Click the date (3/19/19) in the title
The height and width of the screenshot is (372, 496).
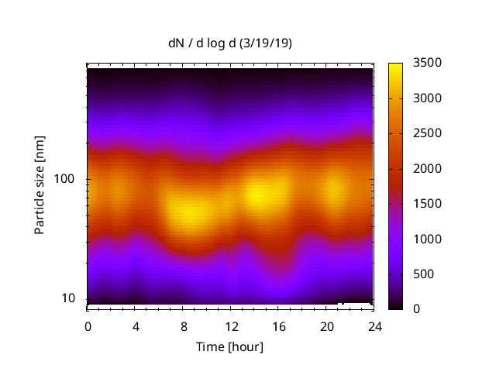pyautogui.click(x=266, y=43)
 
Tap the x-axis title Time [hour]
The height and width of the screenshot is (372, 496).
pyautogui.click(x=229, y=346)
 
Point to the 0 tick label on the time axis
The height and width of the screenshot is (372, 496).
pyautogui.click(x=88, y=325)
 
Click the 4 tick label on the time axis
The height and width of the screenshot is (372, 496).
pyautogui.click(x=135, y=325)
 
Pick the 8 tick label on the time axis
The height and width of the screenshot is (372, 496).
pyautogui.click(x=183, y=325)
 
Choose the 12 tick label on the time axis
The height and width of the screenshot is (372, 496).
pyautogui.click(x=230, y=325)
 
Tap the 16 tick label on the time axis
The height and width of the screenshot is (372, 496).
pyautogui.click(x=278, y=325)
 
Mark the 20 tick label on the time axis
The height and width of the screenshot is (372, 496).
pyautogui.click(x=325, y=325)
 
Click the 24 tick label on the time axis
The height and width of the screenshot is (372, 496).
pyautogui.click(x=374, y=325)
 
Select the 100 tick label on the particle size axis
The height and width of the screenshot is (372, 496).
pyautogui.click(x=66, y=180)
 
